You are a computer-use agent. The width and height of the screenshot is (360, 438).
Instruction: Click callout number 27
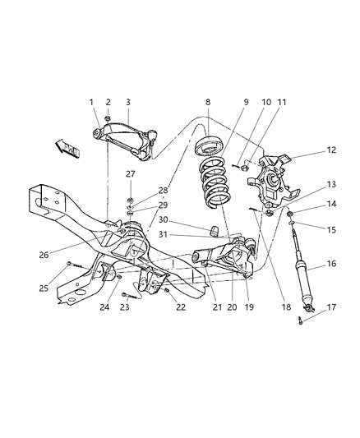pos(130,174)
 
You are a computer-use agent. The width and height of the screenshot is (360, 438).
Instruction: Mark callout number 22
pos(180,308)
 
